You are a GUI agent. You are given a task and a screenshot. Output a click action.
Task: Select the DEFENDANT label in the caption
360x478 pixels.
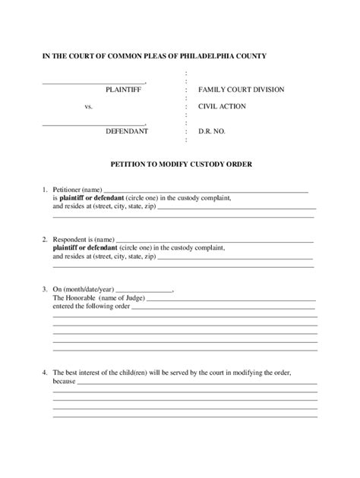tap(126, 131)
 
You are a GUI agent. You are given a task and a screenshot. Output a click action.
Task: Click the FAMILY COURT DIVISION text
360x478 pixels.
tap(241, 90)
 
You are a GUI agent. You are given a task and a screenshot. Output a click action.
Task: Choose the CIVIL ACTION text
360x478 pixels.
tap(222, 106)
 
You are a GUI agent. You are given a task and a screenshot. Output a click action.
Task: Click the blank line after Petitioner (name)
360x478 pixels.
tap(205, 190)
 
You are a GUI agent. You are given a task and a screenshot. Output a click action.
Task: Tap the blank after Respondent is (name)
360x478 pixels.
tap(214, 241)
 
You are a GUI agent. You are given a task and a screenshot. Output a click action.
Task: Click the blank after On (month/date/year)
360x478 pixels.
tap(143, 291)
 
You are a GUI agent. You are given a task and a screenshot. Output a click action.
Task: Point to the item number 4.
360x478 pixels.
tap(45, 373)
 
